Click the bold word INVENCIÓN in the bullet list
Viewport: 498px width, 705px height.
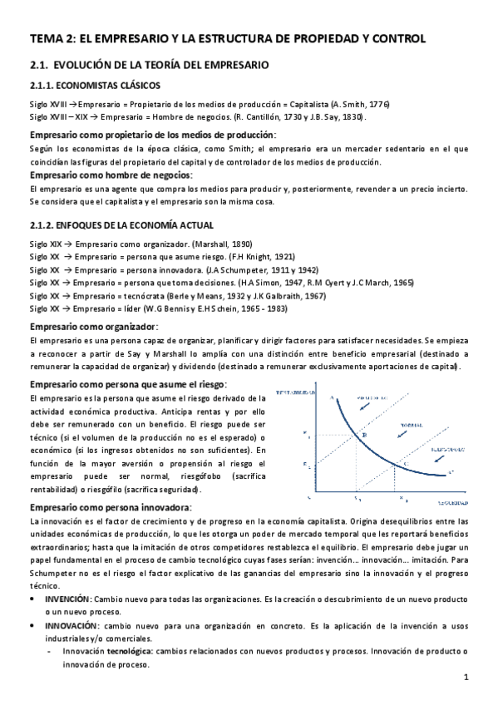(68, 599)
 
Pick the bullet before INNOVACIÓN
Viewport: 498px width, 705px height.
(32, 624)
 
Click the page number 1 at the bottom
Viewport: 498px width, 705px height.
(467, 678)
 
